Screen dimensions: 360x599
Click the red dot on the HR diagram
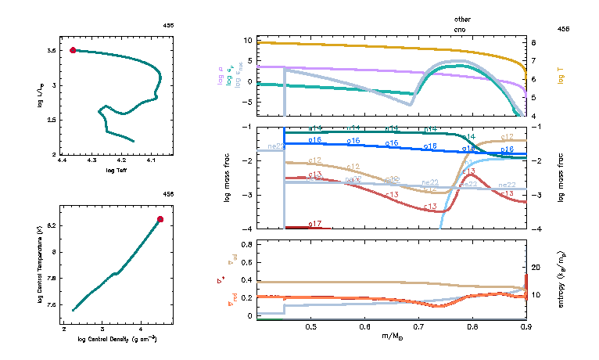pos(73,50)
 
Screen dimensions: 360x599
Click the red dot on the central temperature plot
pos(160,219)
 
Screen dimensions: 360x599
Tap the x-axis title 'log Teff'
pos(115,170)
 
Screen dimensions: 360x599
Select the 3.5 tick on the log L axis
pos(51,50)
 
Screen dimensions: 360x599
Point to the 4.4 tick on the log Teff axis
pos(63,161)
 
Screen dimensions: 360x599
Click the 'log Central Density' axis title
pos(117,339)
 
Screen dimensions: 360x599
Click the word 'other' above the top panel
pos(463,18)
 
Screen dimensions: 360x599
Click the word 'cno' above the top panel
pos(463,28)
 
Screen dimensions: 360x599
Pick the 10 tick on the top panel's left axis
pos(248,40)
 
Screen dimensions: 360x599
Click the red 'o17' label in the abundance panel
pos(314,224)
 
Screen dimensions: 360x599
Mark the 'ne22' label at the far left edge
pos(275,146)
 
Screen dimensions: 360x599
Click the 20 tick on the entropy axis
pos(536,268)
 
